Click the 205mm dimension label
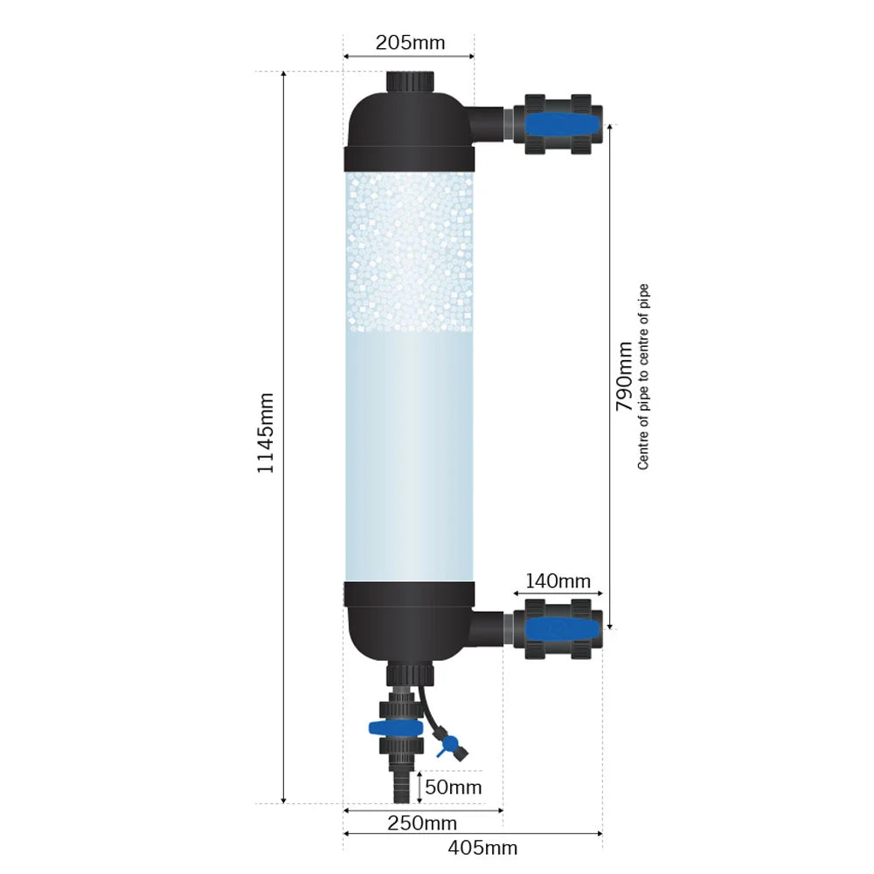(410, 42)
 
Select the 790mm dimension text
(624, 376)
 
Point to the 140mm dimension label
(558, 581)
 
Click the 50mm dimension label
(453, 787)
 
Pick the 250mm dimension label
(422, 823)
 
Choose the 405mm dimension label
(482, 848)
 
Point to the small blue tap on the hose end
(447, 746)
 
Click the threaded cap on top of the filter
(409, 81)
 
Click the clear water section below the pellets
(409, 454)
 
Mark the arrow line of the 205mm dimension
(409, 57)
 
